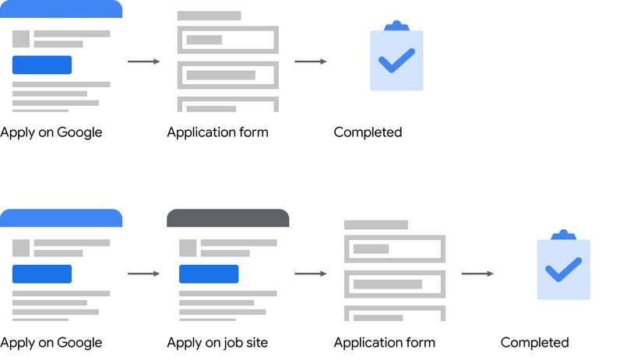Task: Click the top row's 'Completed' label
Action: point(368,132)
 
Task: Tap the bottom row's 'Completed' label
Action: point(535,342)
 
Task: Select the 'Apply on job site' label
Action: point(217,343)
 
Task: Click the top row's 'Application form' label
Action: point(218,132)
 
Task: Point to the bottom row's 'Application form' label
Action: point(385,343)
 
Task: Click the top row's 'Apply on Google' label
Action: point(51,132)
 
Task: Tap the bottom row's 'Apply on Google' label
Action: point(51,343)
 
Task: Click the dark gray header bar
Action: point(228,217)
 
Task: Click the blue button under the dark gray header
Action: point(209,274)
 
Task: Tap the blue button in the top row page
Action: point(42,65)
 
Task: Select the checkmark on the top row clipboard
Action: point(396,61)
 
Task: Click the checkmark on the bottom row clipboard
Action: point(563,270)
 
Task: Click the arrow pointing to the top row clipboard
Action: point(311,62)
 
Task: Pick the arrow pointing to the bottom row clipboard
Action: point(477,274)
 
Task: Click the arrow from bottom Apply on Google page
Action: point(144,274)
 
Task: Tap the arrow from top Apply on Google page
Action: point(144,62)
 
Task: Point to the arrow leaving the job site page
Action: point(311,274)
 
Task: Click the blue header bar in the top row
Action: point(62,9)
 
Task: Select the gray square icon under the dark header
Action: point(188,248)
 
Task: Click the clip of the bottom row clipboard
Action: point(563,235)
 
